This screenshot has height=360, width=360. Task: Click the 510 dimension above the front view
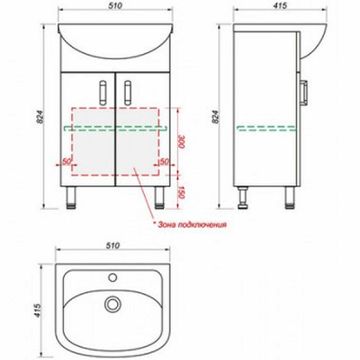(115, 5)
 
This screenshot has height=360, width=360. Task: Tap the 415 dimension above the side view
(280, 5)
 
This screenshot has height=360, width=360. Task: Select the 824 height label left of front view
(40, 117)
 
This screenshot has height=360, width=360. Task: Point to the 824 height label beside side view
(215, 117)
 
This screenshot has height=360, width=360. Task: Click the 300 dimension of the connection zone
(181, 142)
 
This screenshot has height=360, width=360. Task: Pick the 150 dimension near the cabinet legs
(180, 192)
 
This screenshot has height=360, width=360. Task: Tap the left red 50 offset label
(66, 161)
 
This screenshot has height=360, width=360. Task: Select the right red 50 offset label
(164, 161)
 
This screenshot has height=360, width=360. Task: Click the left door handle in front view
(103, 93)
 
